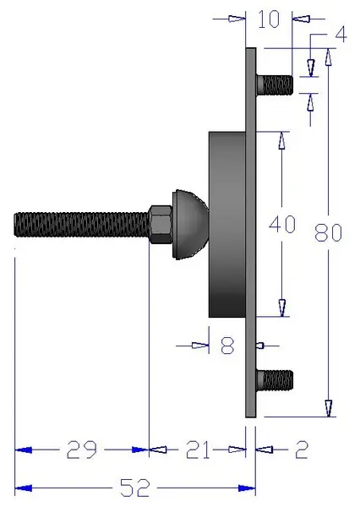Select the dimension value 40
point(281,225)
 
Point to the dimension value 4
point(341,35)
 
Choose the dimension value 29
point(83,450)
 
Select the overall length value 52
point(135,488)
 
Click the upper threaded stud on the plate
point(274,84)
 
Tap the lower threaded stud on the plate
point(274,380)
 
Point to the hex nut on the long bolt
point(160,225)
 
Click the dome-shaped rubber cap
point(191,224)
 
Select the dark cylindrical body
point(226,224)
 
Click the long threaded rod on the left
point(81,225)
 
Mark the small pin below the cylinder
point(261,345)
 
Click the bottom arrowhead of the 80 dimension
point(328,409)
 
